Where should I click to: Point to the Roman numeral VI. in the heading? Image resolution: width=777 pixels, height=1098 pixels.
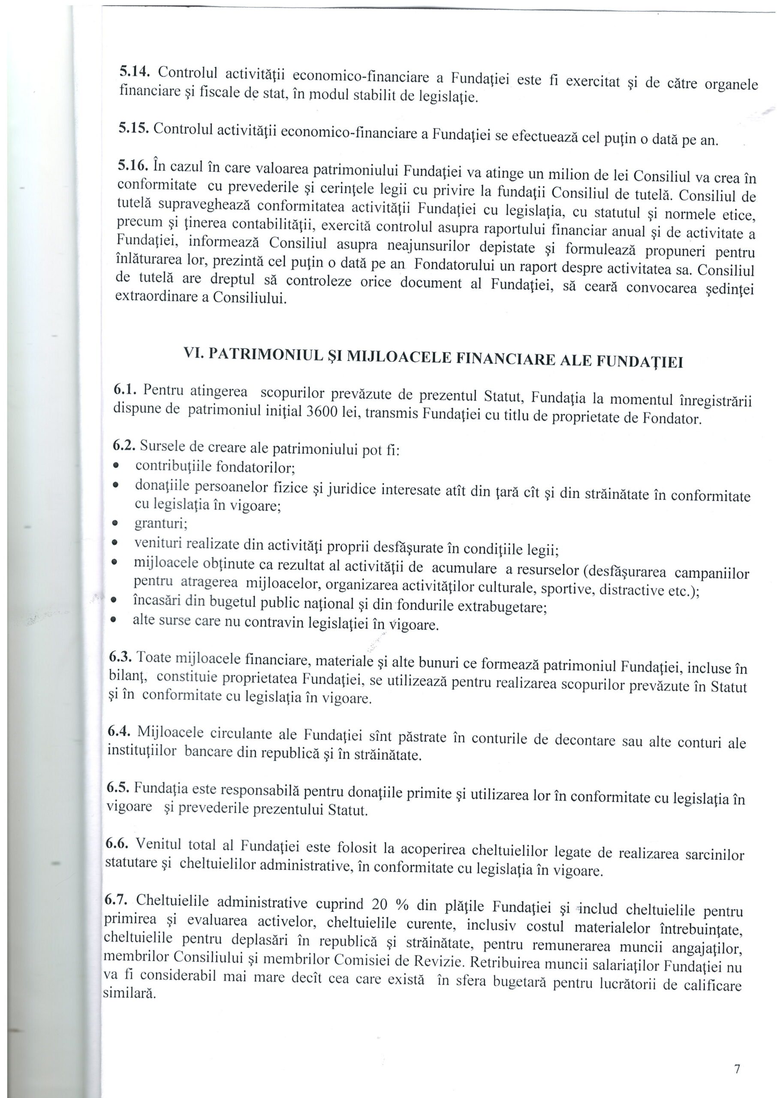(194, 352)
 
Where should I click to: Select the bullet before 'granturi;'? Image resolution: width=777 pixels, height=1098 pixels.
(115, 523)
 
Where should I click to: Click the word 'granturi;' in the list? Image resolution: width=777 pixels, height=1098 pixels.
(160, 523)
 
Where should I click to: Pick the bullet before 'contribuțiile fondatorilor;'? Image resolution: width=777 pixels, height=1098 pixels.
(115, 465)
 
